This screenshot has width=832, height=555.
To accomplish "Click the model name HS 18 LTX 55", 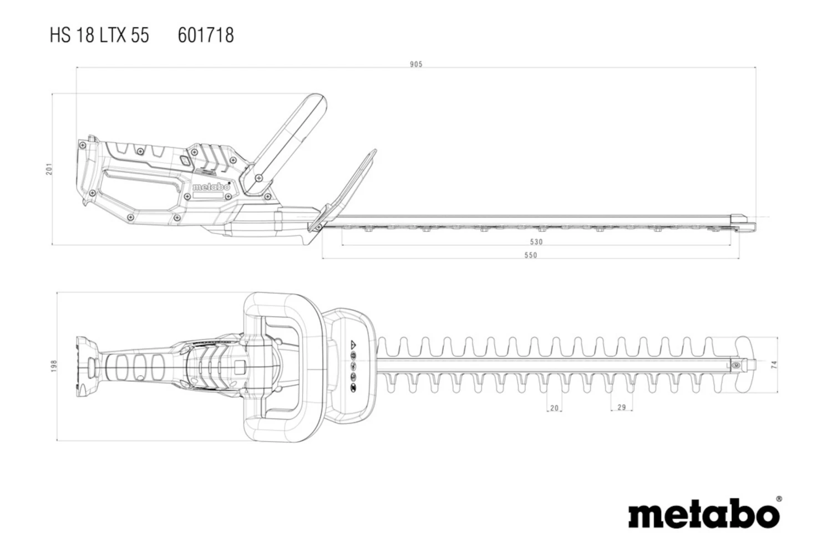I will click(x=99, y=36).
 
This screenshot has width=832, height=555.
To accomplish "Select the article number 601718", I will click(x=206, y=36).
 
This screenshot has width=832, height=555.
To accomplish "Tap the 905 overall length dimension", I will click(x=416, y=64).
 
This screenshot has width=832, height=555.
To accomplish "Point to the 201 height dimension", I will click(x=50, y=169).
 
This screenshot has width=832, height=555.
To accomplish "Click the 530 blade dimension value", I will click(x=536, y=242).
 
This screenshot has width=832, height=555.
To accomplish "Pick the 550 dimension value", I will click(x=531, y=255).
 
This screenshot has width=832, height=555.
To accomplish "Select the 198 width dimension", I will click(x=54, y=366).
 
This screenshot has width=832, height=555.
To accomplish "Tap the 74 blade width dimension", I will click(x=774, y=365).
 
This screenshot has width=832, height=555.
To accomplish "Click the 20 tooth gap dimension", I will click(x=554, y=408).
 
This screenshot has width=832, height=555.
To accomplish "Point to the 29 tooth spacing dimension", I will click(x=621, y=407).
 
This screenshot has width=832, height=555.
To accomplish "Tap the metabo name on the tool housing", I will click(x=211, y=187).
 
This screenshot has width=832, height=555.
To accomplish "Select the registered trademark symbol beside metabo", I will click(x=779, y=500).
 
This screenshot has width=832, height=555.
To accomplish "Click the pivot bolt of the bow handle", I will click(x=258, y=177).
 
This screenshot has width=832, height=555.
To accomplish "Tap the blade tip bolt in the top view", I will click(x=736, y=365).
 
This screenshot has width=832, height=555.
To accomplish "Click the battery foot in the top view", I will click(x=87, y=364).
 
